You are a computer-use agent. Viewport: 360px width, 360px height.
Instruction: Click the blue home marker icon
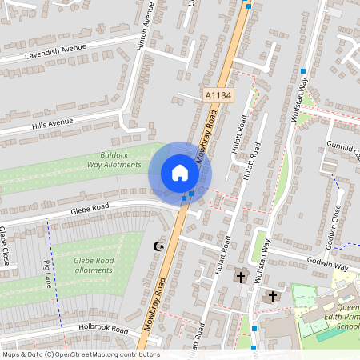coord(180,173)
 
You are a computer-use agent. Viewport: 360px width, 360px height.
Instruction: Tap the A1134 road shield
coord(218,95)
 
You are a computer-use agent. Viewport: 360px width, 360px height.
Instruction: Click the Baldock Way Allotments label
coord(112,159)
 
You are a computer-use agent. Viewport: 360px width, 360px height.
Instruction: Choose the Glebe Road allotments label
coord(94,266)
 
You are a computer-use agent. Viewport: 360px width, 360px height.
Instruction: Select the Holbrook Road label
coord(103,329)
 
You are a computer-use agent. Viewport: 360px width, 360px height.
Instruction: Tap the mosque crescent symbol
coord(158,246)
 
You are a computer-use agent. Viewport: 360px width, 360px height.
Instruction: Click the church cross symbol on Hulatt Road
coord(240,278)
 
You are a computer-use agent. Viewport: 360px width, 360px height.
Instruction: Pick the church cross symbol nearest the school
coord(272,296)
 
